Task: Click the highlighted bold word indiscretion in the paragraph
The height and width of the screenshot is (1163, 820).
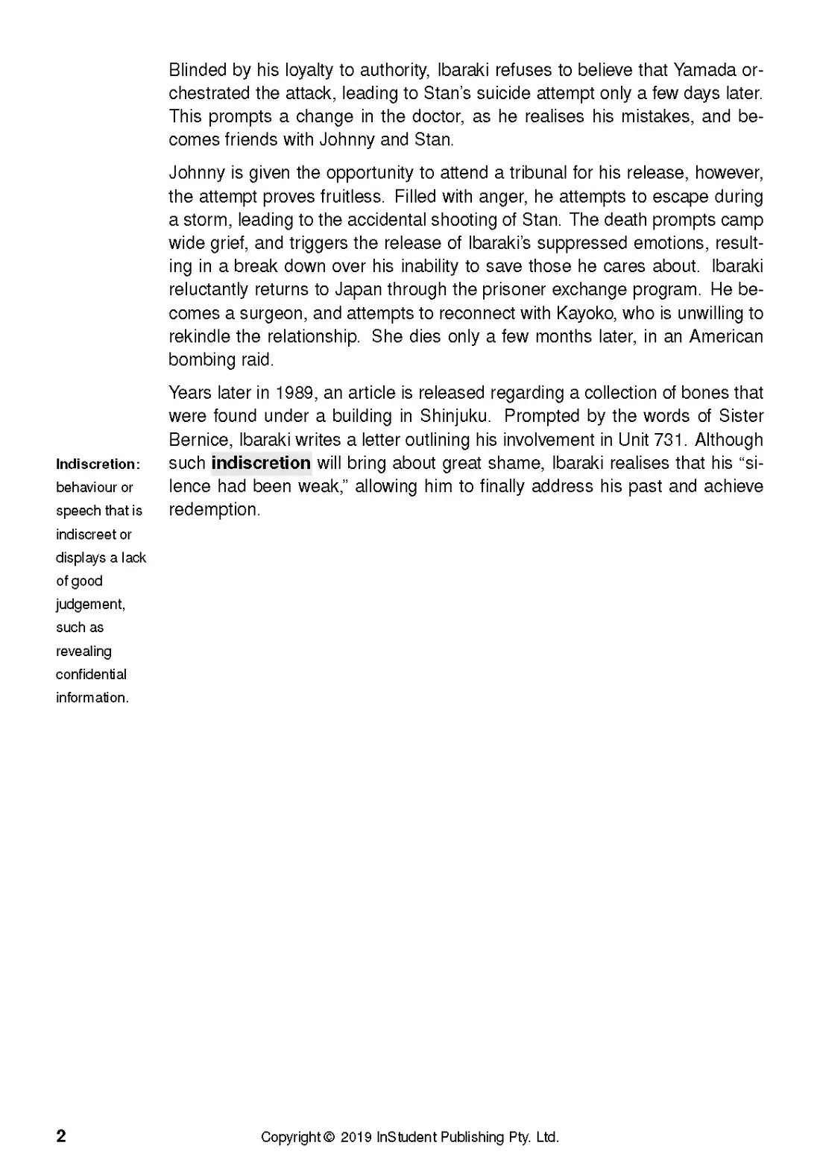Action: click(261, 463)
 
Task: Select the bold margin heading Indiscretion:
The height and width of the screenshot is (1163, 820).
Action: click(98, 464)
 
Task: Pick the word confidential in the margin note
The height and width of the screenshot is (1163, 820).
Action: click(91, 675)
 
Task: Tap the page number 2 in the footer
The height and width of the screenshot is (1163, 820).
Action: click(61, 1136)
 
